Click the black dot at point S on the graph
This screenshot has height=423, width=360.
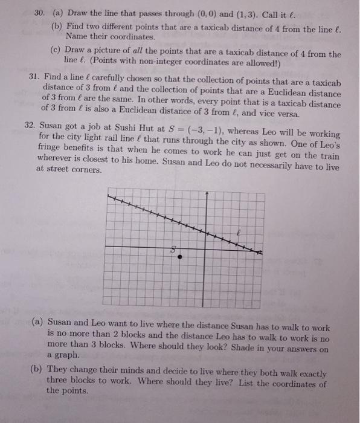(178, 256)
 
